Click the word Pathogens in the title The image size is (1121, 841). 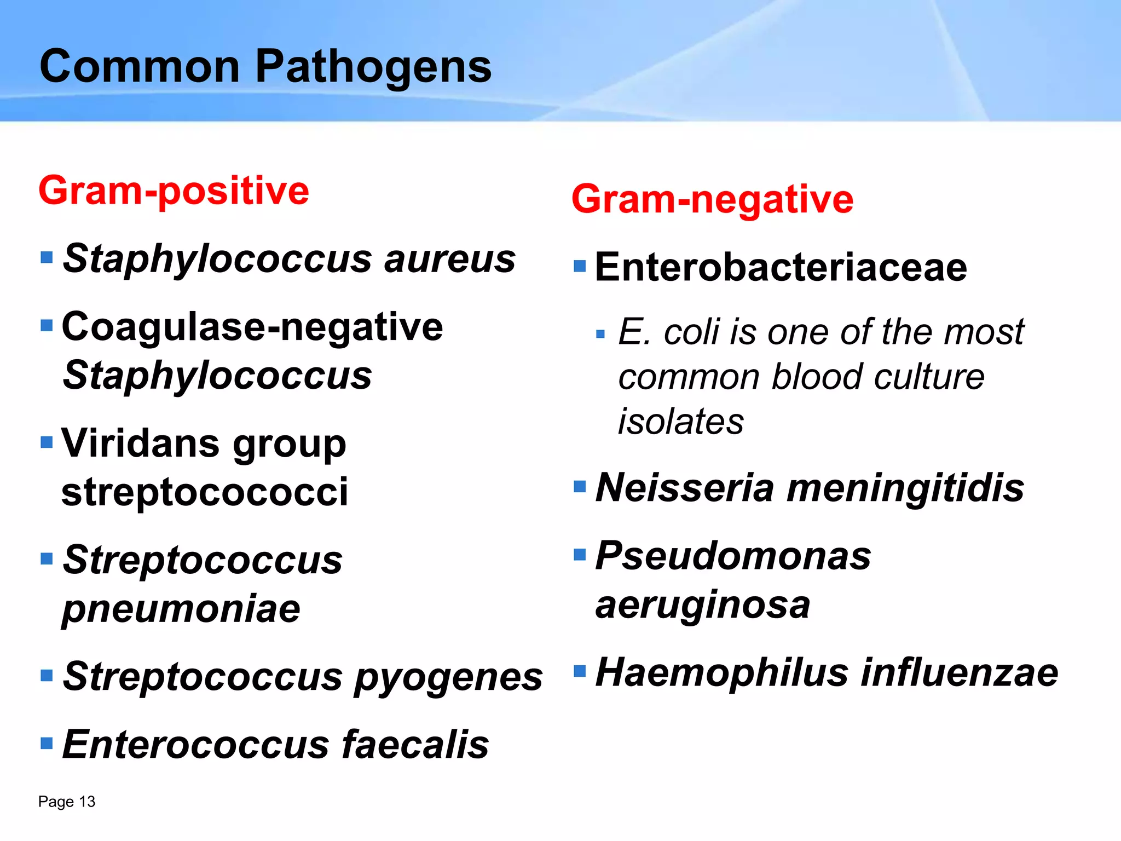click(373, 67)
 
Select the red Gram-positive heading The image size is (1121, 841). click(174, 191)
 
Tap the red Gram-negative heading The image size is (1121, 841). click(712, 199)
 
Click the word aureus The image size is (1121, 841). click(449, 258)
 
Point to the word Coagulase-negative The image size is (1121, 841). click(252, 327)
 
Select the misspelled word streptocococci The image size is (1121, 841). click(204, 491)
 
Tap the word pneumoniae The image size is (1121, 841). click(181, 609)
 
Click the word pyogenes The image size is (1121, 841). click(448, 677)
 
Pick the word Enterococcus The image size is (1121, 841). click(195, 745)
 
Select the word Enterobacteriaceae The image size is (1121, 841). click(781, 267)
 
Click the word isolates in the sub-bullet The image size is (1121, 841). click(681, 422)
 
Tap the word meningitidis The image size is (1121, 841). click(905, 487)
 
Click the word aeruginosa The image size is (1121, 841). click(703, 605)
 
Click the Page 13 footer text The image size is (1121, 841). click(67, 802)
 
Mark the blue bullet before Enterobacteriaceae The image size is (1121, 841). click(580, 266)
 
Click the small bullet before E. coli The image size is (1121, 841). click(600, 334)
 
